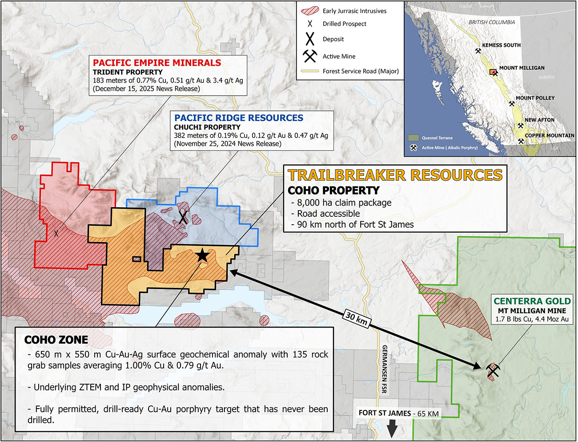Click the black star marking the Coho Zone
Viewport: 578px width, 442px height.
click(x=202, y=255)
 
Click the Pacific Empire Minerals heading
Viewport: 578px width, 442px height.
click(x=157, y=63)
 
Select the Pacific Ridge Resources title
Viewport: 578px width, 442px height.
click(x=239, y=118)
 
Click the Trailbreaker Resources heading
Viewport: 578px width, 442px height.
click(x=395, y=175)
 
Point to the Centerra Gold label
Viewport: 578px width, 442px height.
click(x=532, y=301)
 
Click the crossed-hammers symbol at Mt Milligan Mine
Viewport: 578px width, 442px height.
click(x=492, y=369)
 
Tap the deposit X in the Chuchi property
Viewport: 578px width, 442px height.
click(x=183, y=217)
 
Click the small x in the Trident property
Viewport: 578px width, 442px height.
click(x=56, y=233)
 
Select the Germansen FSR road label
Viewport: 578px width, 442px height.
click(x=384, y=369)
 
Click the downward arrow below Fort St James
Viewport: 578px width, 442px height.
click(x=392, y=430)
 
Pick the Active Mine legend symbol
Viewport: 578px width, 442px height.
click(x=310, y=56)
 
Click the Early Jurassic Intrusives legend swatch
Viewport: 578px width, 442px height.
click(x=310, y=11)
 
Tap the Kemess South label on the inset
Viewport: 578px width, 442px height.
click(x=501, y=45)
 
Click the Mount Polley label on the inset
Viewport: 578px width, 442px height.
click(x=535, y=98)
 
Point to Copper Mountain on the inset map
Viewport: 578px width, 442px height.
click(x=550, y=135)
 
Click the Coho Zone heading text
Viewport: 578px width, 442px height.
click(x=56, y=340)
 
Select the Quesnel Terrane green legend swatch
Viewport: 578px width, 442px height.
click(x=413, y=138)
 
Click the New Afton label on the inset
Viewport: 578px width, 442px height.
click(x=539, y=120)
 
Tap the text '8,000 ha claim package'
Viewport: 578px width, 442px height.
click(x=344, y=203)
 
